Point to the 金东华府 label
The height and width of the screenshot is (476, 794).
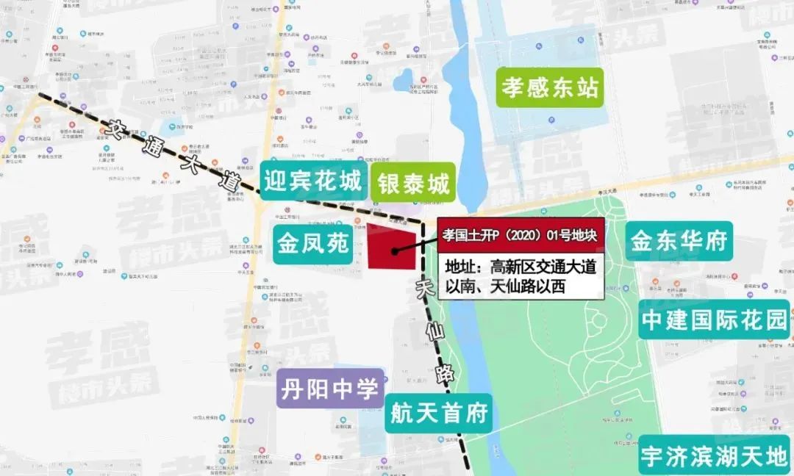tap(679, 240)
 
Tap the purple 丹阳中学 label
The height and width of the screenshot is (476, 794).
tap(330, 388)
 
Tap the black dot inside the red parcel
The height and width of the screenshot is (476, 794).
tap(395, 251)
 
